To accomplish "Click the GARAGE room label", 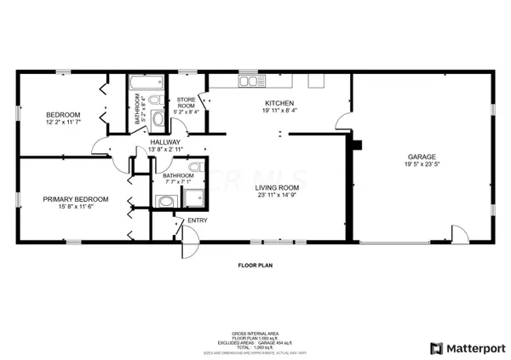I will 422,157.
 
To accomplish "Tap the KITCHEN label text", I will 279,102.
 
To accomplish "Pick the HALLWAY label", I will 165,142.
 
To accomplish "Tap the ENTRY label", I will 198,221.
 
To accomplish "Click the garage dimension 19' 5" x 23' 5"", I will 422,165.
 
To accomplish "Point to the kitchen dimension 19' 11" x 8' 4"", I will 279,110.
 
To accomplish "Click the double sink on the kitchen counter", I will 250,81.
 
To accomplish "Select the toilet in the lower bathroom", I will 195,167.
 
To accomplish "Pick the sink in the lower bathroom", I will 164,201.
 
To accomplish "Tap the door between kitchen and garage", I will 343,125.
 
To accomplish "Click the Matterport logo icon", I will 437,347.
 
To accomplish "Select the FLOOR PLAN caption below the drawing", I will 254,266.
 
